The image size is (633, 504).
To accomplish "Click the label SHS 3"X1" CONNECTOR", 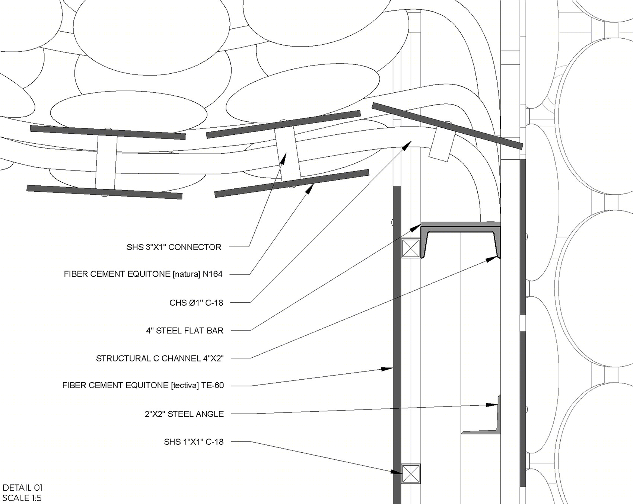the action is [174, 247].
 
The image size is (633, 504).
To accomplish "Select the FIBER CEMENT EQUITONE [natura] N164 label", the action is [143, 274].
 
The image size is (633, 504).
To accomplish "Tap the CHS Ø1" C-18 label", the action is [196, 303].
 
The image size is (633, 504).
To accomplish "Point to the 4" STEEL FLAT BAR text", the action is [185, 331].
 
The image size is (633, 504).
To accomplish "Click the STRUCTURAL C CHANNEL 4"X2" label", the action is [160, 358].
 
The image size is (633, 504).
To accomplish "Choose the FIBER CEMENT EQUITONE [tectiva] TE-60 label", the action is [143, 386].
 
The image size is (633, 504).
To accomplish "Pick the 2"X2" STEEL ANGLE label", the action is [184, 414].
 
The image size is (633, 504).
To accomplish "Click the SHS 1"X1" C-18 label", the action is [194, 442].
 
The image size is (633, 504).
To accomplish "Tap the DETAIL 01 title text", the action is [23, 488].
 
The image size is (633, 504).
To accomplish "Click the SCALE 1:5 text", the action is [22, 498].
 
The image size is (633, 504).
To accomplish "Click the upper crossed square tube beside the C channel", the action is [411, 248].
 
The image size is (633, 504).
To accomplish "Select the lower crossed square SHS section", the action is [411, 474].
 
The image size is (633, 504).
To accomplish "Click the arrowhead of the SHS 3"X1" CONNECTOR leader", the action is [284, 158].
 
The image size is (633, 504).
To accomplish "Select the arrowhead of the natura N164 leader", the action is [310, 189].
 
